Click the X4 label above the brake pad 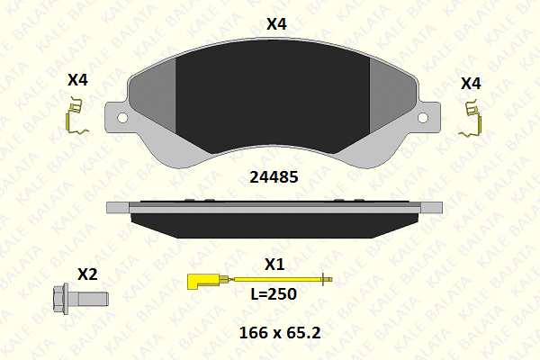276,24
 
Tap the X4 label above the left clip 77,80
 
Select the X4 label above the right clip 471,84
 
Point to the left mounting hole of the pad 122,118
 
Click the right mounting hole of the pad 423,118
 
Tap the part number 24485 274,177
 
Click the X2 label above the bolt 87,274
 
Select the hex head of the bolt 60,299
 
